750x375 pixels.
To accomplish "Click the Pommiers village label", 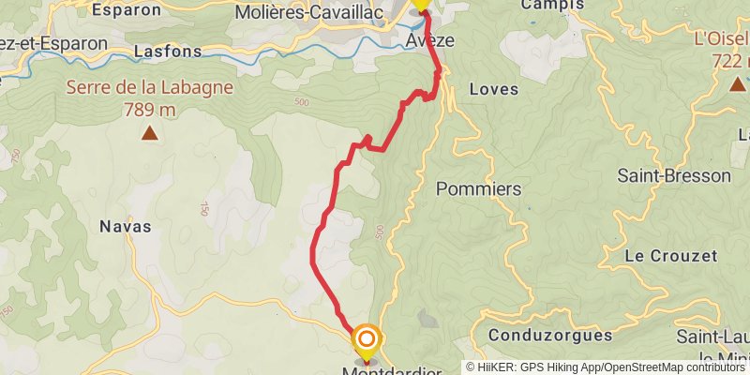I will [479, 188].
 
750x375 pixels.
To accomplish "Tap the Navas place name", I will [125, 226].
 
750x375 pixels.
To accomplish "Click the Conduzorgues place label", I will [550, 335].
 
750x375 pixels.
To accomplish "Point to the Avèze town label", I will [430, 42].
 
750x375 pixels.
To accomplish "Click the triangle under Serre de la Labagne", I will [150, 134].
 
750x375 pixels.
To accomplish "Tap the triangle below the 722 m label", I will [738, 85].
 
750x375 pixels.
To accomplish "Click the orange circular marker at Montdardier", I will [367, 338].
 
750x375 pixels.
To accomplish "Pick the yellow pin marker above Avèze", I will [421, 4].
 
